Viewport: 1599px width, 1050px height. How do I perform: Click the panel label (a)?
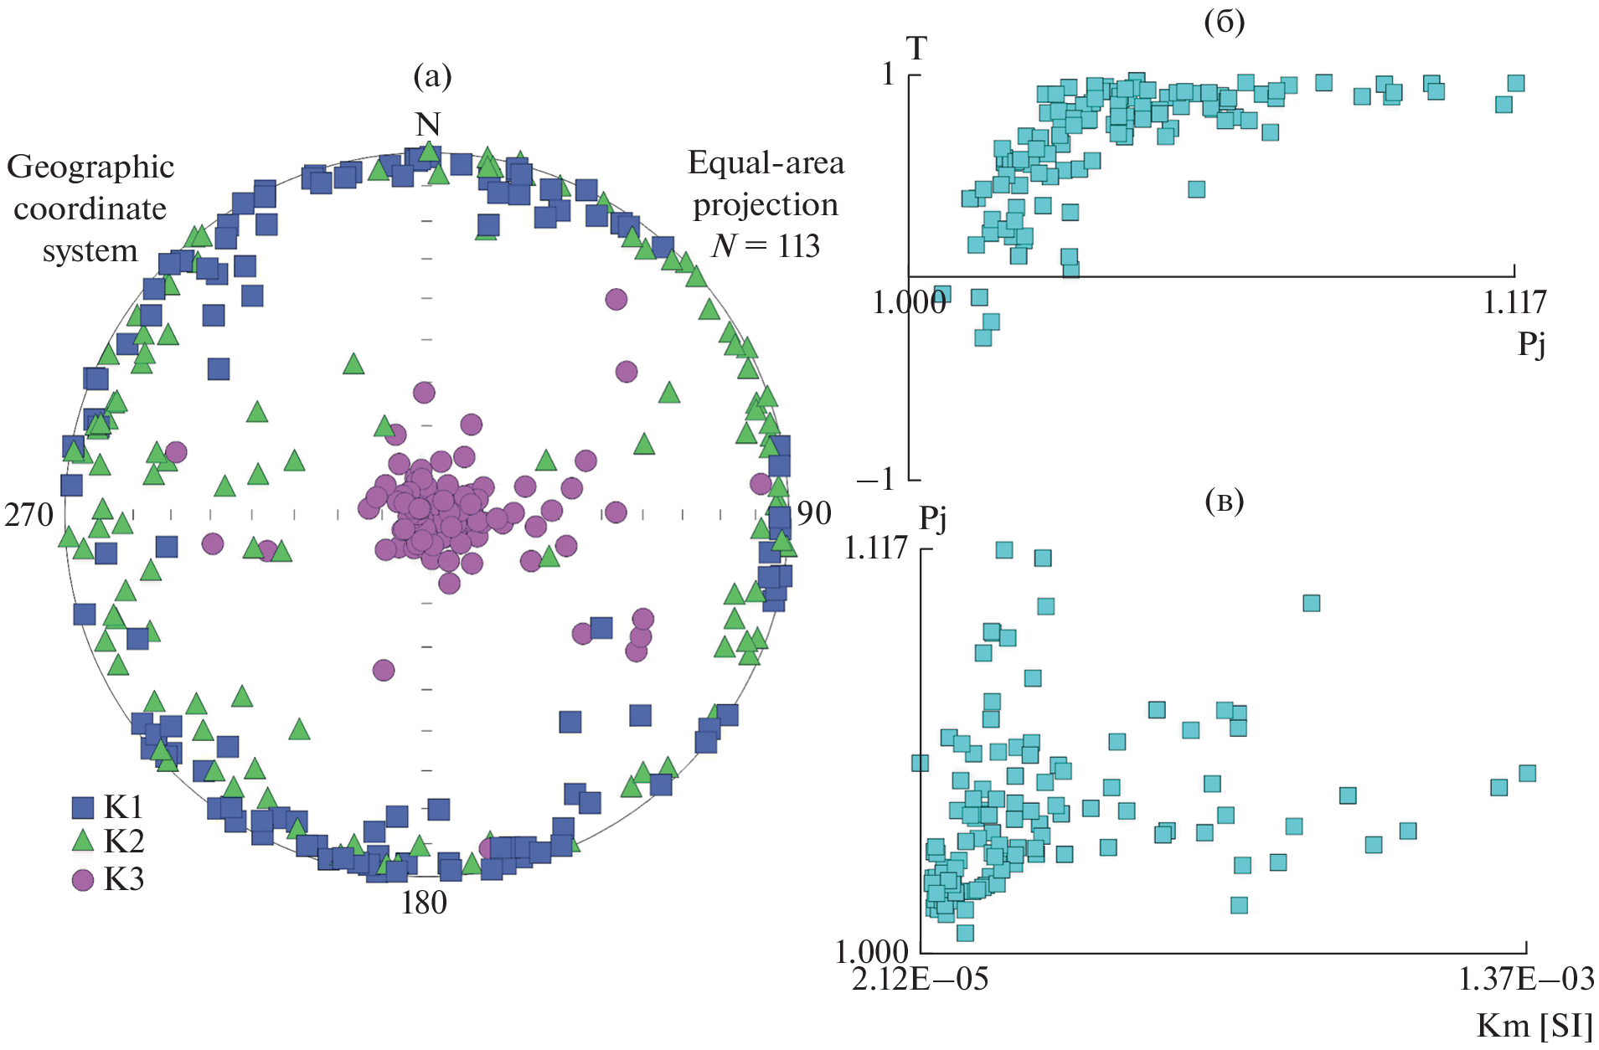tap(432, 77)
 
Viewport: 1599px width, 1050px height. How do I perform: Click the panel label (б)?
tap(1224, 23)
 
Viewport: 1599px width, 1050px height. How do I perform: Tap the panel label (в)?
tap(1224, 502)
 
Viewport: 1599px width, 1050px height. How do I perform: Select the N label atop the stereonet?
tap(428, 125)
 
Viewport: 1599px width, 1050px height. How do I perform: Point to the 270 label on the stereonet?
tap(29, 514)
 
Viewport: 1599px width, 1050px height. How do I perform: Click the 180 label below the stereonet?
tap(424, 903)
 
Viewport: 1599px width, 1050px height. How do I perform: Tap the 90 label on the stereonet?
tap(813, 513)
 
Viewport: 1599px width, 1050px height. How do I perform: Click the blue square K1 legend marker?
tap(83, 807)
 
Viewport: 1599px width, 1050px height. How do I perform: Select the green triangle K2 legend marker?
tap(83, 841)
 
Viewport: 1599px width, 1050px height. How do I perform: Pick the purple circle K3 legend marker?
tap(83, 880)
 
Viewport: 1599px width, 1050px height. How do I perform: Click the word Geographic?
tap(90, 167)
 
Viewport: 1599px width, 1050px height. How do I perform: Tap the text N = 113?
tap(766, 246)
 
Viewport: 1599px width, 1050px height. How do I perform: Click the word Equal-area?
tap(766, 163)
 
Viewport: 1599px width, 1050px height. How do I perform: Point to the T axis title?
tap(917, 49)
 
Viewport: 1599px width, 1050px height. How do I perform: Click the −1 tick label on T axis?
tap(875, 479)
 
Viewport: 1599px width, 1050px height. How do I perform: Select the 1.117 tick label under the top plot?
tap(1514, 302)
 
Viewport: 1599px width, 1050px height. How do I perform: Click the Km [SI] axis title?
tap(1535, 1026)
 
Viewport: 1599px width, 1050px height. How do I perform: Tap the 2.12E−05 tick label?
tap(920, 979)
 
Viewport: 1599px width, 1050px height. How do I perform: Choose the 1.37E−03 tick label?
tap(1526, 979)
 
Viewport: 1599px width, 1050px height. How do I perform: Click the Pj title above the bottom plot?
tap(933, 518)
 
